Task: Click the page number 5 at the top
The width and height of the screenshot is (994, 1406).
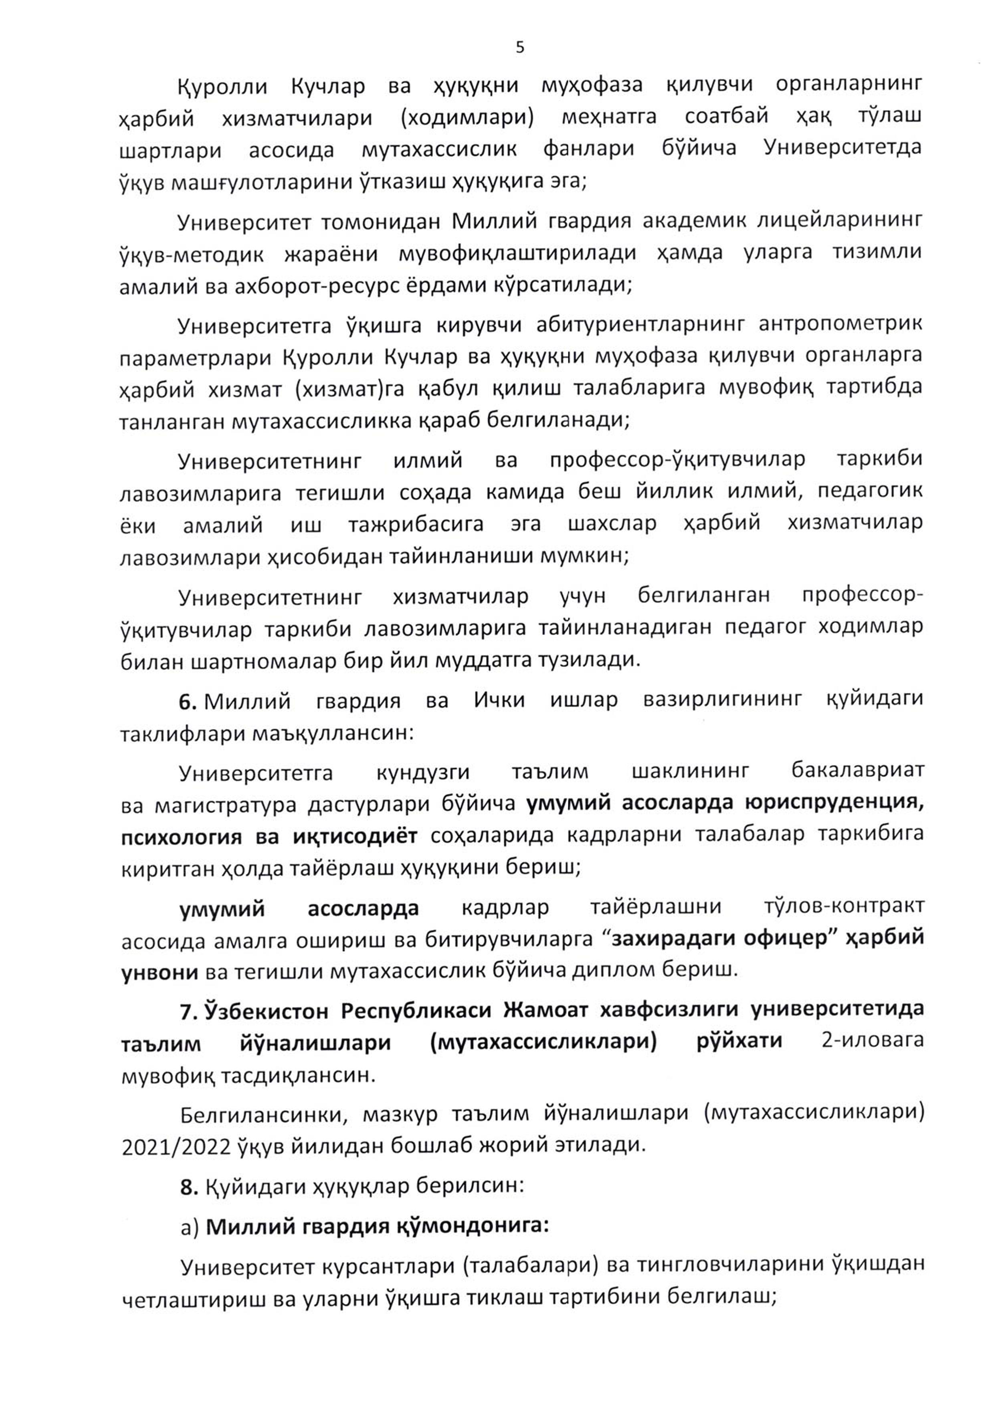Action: point(520,47)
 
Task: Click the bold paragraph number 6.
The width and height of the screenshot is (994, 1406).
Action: point(187,701)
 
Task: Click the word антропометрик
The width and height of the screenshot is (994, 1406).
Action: point(840,323)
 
